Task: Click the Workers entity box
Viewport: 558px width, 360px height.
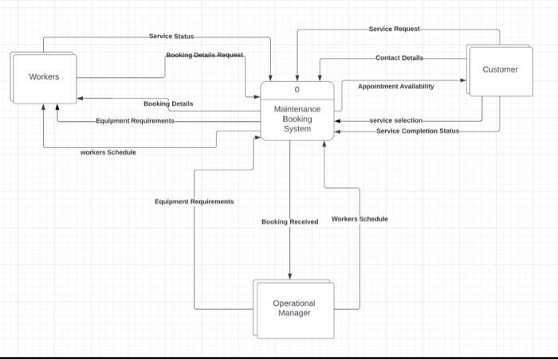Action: (44, 77)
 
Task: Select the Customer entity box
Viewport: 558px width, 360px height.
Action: (500, 70)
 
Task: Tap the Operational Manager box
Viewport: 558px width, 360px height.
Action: (294, 308)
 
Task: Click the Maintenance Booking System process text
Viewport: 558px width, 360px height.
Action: (297, 119)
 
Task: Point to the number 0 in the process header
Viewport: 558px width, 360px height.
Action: (297, 88)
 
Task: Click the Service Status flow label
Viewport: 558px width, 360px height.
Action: (171, 37)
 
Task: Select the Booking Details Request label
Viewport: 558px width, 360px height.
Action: (205, 55)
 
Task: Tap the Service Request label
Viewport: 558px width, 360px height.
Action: (395, 29)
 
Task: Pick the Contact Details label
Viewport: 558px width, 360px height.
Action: (399, 58)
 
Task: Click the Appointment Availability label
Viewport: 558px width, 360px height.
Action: (395, 86)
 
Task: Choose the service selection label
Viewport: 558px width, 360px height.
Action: (396, 120)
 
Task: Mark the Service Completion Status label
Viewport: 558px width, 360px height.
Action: (418, 131)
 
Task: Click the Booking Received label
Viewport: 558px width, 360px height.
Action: (289, 221)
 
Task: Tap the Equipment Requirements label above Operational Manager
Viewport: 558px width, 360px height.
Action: (194, 202)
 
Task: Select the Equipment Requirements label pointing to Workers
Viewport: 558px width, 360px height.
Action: (135, 120)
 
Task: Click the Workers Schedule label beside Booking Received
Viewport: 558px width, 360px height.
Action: (360, 218)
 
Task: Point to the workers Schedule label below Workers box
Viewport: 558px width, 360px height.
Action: (108, 152)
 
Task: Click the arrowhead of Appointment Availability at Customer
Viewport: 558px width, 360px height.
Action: (462, 80)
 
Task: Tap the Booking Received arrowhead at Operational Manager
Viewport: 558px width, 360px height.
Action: (289, 276)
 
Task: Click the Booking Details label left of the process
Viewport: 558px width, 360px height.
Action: (167, 104)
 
